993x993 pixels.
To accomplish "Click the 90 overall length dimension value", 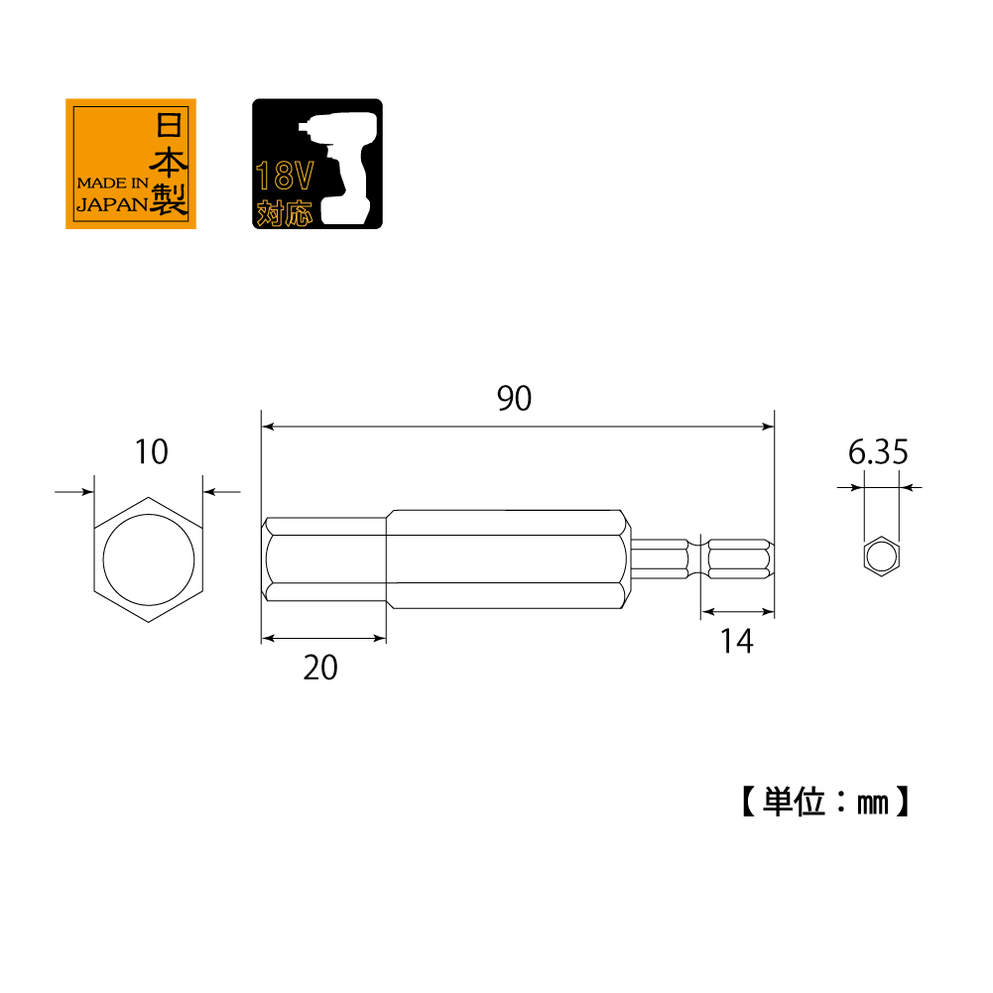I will (515, 399).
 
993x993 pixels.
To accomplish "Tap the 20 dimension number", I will (320, 669).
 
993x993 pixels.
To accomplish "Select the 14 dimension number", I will (737, 643).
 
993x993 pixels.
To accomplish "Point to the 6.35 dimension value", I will (878, 453).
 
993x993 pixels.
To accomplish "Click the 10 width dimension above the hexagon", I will (151, 452).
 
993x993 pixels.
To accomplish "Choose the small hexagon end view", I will (880, 558).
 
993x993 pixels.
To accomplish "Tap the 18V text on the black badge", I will (285, 178).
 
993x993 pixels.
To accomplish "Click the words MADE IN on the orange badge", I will (112, 184).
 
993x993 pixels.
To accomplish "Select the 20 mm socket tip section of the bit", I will (324, 559).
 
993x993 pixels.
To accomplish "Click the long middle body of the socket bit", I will (506, 559).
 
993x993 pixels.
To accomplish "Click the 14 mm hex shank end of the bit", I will (738, 559).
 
